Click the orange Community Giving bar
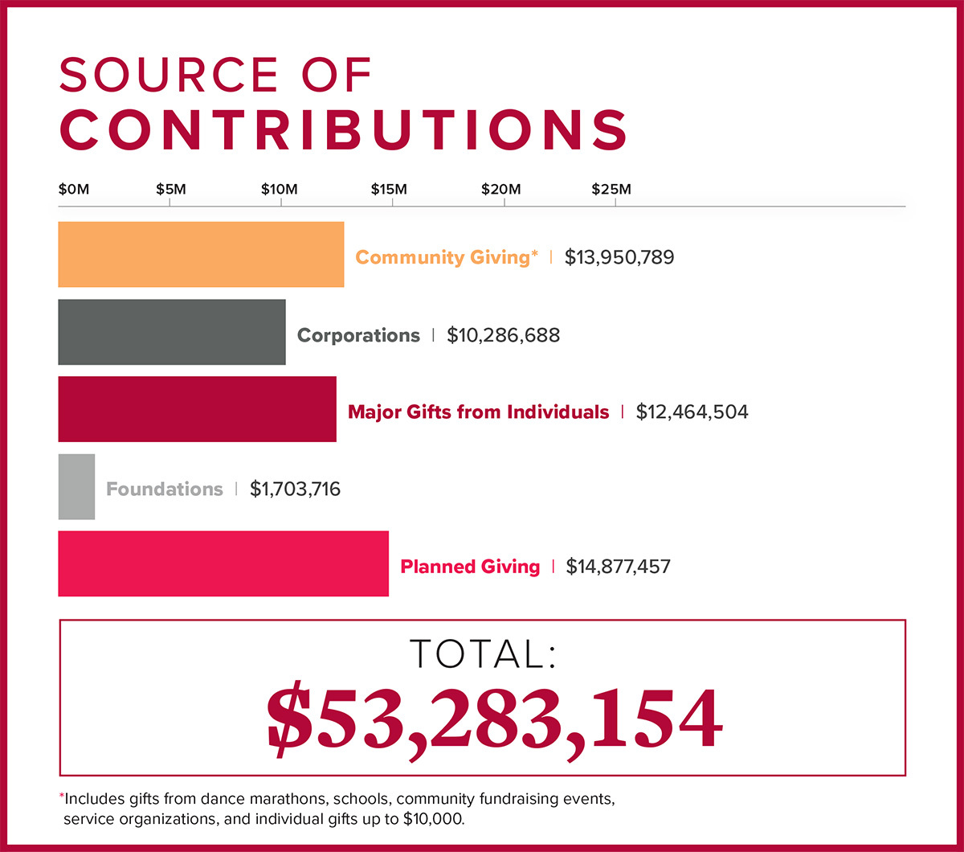click(x=201, y=255)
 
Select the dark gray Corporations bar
click(x=172, y=332)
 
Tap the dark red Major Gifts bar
click(x=197, y=409)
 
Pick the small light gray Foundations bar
click(x=76, y=486)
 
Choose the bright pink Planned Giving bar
click(x=223, y=563)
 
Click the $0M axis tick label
click(x=74, y=190)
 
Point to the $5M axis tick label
click(x=170, y=190)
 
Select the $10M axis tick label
click(x=280, y=190)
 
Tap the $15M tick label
click(x=389, y=190)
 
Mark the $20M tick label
click(x=501, y=190)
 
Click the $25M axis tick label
click(x=611, y=190)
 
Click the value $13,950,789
click(x=619, y=257)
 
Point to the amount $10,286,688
click(x=503, y=335)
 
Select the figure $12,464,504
click(x=692, y=412)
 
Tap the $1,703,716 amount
click(x=295, y=489)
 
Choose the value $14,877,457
click(x=618, y=567)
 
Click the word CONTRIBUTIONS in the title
click(x=343, y=128)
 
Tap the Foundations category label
click(x=165, y=489)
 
